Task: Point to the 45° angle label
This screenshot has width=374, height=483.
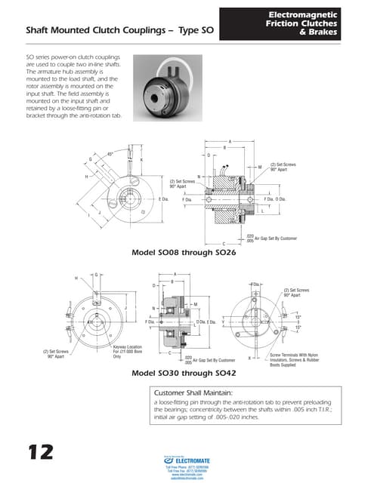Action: tap(110, 153)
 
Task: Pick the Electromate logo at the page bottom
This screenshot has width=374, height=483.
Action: tap(188, 460)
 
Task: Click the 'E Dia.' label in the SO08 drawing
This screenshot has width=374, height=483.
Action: tap(163, 199)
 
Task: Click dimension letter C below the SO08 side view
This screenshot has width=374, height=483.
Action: tap(224, 244)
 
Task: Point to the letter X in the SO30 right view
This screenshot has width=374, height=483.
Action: tap(249, 358)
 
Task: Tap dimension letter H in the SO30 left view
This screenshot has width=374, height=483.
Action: tap(76, 278)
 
